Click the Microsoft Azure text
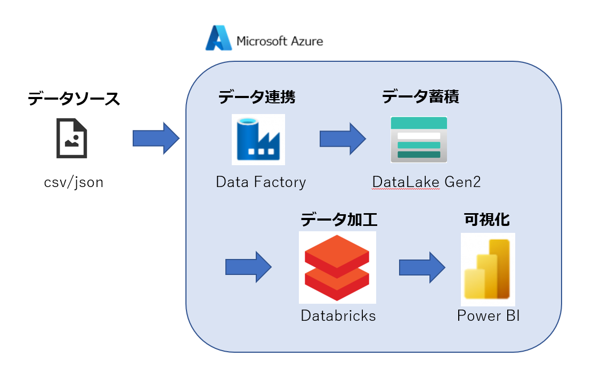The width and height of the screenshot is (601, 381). tap(280, 41)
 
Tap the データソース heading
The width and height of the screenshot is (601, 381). tap(74, 99)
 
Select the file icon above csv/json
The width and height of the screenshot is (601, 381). tap(72, 138)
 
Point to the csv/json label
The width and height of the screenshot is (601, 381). tap(74, 183)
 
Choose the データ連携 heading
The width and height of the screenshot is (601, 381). tap(256, 97)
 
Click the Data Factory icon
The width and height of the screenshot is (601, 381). tap(258, 139)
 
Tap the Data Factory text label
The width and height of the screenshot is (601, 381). tap(261, 182)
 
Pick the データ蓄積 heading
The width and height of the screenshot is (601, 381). tap(420, 96)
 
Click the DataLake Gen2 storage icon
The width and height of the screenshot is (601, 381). tap(419, 139)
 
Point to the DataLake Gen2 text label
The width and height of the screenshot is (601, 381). tap(426, 182)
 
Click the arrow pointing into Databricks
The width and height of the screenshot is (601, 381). tap(248, 266)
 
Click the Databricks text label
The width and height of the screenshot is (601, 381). tap(338, 315)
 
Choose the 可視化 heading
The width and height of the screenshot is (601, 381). tap(486, 220)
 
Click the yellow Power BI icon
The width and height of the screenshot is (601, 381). tap(488, 269)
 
